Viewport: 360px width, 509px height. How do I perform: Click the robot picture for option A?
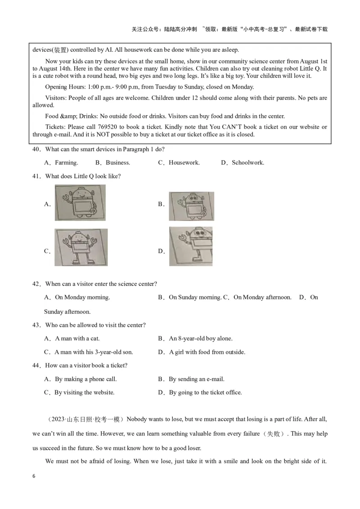tap(80, 203)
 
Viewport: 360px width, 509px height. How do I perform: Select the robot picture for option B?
tap(191, 206)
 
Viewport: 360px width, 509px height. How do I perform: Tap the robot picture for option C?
tap(81, 247)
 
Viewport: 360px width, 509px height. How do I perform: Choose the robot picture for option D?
tap(191, 246)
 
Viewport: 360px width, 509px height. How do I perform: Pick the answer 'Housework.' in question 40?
tap(184, 163)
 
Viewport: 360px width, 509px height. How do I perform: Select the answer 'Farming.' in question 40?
tap(66, 163)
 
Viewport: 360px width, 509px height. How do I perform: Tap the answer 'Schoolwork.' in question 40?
tap(248, 163)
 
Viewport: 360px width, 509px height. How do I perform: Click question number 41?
tap(36, 176)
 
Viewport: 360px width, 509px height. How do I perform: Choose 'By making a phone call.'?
tap(85, 379)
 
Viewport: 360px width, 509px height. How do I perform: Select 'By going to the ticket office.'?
tap(205, 393)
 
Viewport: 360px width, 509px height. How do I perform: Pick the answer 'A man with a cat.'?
tap(77, 339)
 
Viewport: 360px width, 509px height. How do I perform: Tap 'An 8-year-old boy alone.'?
tap(201, 339)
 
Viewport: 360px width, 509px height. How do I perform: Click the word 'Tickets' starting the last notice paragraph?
tap(55, 127)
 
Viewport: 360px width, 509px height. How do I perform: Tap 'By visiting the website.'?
tap(84, 393)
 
